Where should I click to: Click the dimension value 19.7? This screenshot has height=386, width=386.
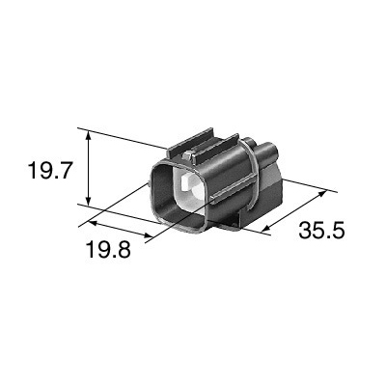[x=49, y=171]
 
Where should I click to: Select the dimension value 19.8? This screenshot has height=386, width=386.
[x=109, y=250]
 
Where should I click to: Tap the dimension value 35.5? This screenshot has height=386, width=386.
[x=321, y=231]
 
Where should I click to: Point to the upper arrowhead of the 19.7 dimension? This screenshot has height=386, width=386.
[x=89, y=135]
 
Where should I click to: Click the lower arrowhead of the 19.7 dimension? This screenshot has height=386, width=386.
[x=89, y=201]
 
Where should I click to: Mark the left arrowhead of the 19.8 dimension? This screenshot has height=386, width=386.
[x=93, y=223]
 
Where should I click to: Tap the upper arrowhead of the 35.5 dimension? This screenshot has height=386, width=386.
[x=321, y=193]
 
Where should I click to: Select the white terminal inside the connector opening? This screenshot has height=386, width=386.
[x=192, y=186]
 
